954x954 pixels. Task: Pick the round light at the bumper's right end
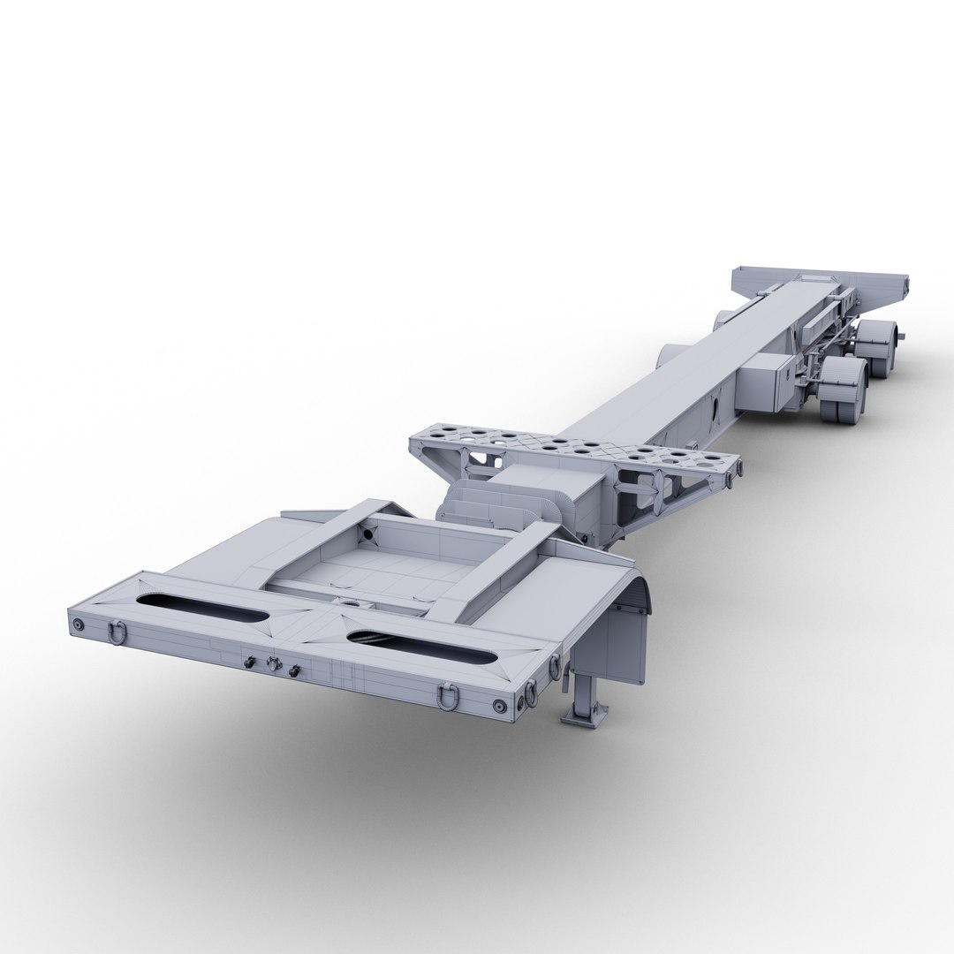501,706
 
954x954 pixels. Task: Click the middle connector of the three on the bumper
273,665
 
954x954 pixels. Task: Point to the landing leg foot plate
583,712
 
